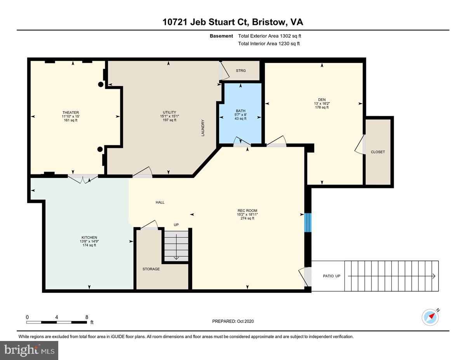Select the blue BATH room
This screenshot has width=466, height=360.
(241, 117)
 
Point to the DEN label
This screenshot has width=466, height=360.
(322, 99)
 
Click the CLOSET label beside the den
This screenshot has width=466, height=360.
(377, 152)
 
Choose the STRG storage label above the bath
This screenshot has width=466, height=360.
(241, 71)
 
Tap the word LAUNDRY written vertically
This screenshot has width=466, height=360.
(203, 127)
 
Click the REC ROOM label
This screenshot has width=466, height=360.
(247, 211)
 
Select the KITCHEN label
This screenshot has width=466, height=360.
(89, 238)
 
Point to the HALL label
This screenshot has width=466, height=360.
(160, 202)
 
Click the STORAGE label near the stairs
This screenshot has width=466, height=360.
(151, 269)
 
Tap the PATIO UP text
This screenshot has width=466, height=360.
(332, 276)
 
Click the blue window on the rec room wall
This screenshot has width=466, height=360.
(308, 222)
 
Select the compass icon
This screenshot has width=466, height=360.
(430, 317)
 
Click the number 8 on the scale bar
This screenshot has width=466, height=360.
(87, 317)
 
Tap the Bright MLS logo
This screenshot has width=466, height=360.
(29, 350)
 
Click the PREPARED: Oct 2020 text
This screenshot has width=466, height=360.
(233, 321)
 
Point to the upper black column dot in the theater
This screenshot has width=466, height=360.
(101, 84)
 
